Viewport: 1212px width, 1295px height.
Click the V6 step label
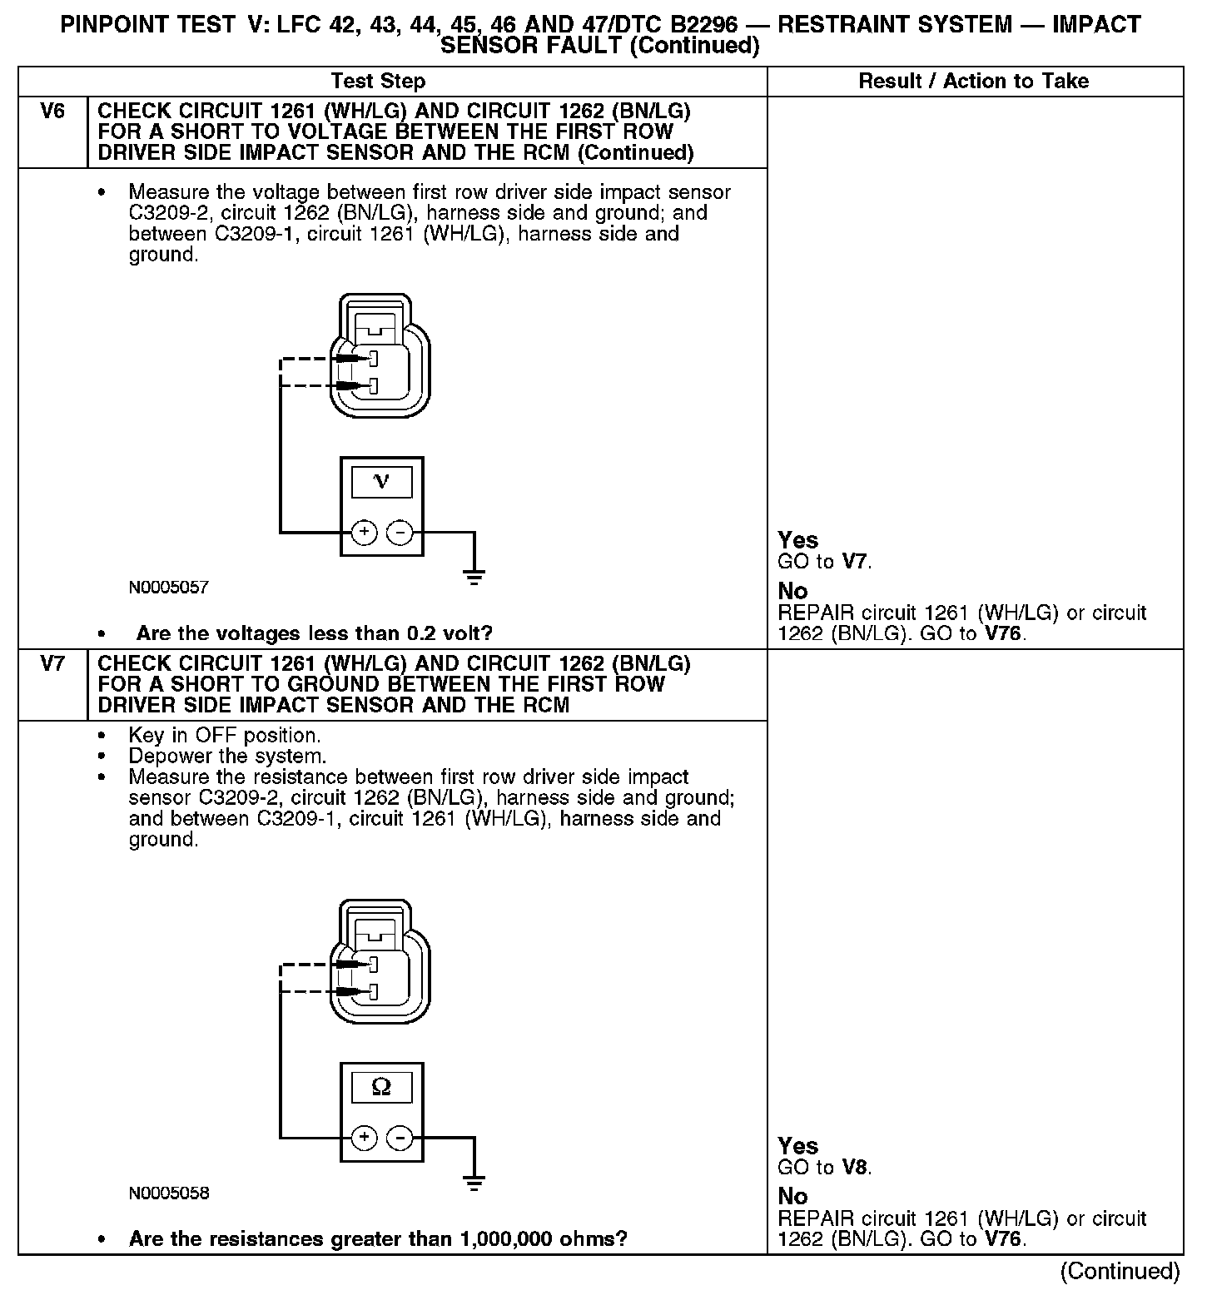tap(52, 112)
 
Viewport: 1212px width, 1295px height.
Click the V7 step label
tap(52, 664)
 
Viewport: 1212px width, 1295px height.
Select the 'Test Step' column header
tap(378, 82)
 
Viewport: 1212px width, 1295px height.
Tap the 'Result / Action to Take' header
tap(973, 82)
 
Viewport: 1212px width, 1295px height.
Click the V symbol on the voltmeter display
tap(381, 481)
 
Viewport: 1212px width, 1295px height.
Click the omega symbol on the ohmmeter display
tap(381, 1087)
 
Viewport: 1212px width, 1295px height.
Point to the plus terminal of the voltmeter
tap(364, 532)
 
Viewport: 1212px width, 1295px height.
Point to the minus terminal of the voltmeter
tap(400, 532)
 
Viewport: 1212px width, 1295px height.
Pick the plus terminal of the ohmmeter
tap(364, 1138)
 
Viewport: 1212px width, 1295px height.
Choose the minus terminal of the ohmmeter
tap(400, 1138)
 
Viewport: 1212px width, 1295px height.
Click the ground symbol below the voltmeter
tap(474, 577)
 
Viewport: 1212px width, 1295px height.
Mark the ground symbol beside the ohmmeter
tap(474, 1183)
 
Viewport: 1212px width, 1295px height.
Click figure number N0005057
tap(168, 588)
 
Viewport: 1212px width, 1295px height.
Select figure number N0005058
tap(168, 1193)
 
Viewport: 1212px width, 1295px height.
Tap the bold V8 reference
tap(855, 1168)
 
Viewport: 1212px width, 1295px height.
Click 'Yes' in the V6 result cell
tap(797, 540)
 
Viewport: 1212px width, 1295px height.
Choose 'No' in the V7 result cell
tap(792, 1196)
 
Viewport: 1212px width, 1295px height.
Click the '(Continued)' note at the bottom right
tap(1120, 1272)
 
